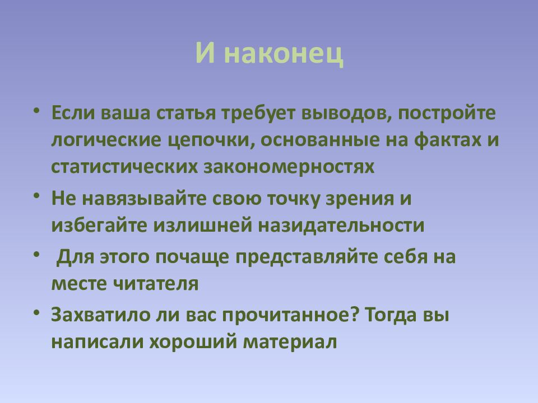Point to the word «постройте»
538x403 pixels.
click(447, 114)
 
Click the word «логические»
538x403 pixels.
click(106, 140)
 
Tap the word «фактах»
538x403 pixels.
click(447, 140)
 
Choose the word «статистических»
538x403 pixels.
click(124, 167)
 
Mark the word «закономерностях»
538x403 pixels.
click(290, 167)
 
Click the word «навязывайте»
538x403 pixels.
click(145, 199)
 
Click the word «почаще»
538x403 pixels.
click(192, 257)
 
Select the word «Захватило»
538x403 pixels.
click(100, 315)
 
